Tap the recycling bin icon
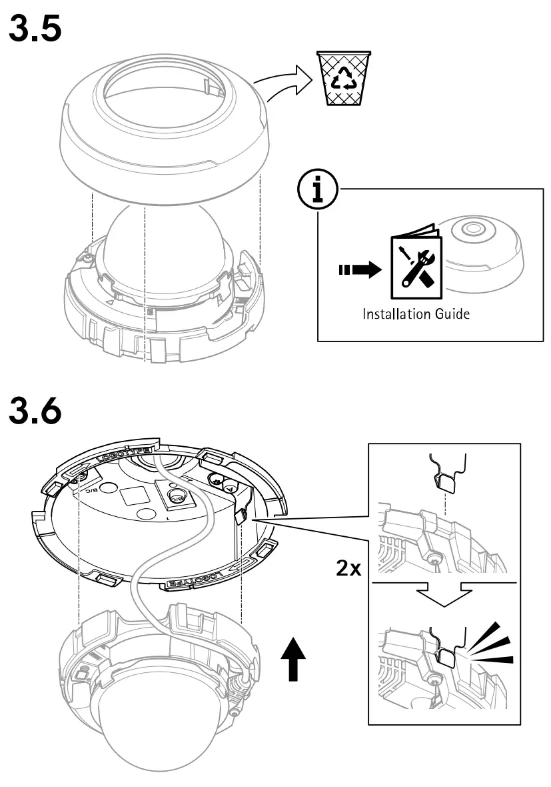tap(344, 79)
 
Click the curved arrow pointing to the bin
tap(283, 83)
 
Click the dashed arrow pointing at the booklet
tap(357, 270)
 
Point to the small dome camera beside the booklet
tap(482, 251)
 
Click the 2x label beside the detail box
tap(348, 568)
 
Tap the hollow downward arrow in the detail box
tap(442, 594)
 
